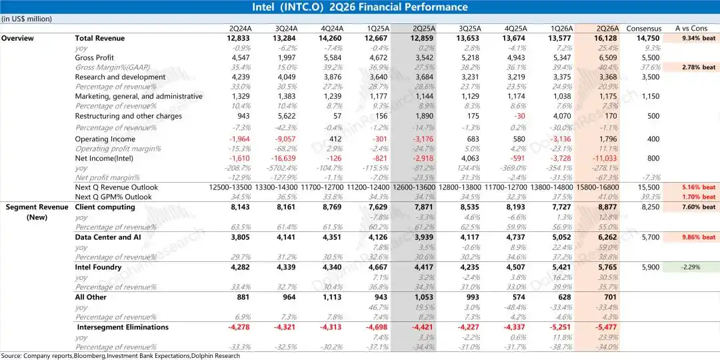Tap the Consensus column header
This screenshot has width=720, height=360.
click(644, 29)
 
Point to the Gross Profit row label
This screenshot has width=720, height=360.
click(94, 58)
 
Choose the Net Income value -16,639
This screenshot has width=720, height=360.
click(283, 159)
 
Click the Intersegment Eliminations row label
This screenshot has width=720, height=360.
click(123, 327)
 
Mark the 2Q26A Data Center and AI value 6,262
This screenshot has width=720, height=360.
click(608, 237)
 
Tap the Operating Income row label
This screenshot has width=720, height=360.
click(105, 139)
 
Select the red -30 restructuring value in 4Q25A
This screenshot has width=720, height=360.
click(521, 116)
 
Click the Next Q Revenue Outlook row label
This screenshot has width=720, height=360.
click(116, 187)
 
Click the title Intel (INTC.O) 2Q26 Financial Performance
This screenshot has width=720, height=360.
click(360, 7)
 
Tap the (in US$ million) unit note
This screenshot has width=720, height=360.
click(26, 19)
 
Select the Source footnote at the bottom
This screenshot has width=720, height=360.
click(121, 355)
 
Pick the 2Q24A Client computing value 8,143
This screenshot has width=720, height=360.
click(241, 207)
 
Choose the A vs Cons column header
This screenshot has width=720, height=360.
click(691, 29)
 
